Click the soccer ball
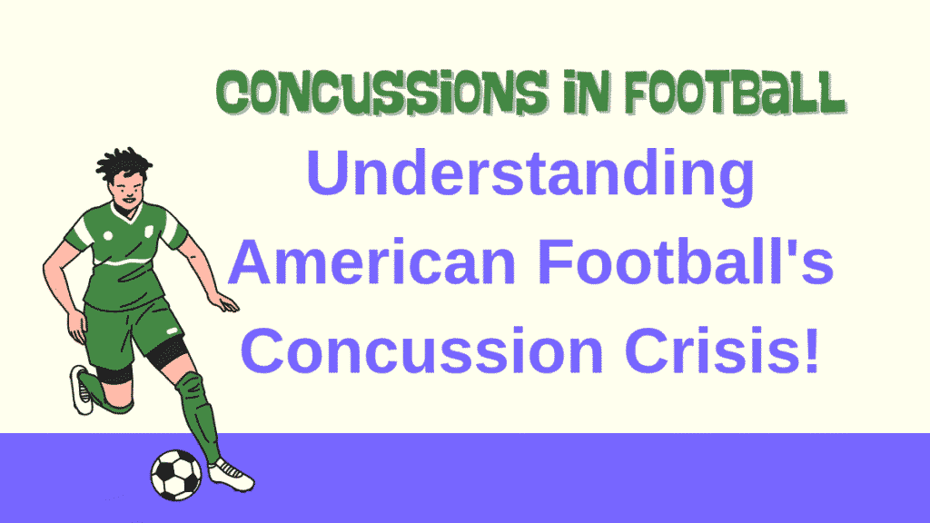click(176, 475)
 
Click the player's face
click(127, 192)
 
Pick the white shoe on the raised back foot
click(83, 390)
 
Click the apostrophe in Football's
click(802, 249)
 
